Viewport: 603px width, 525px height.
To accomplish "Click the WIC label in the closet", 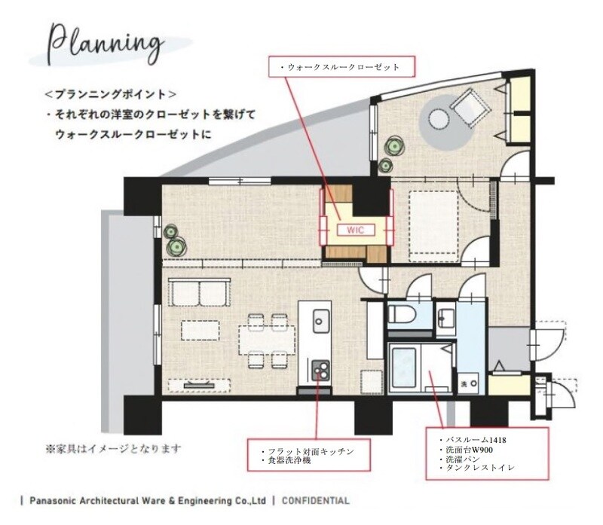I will point(355,231).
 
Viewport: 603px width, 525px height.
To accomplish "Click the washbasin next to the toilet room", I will point(446,317).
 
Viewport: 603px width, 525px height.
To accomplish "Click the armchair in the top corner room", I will point(476,102).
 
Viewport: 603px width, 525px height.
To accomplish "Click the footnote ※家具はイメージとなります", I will point(113,448).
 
